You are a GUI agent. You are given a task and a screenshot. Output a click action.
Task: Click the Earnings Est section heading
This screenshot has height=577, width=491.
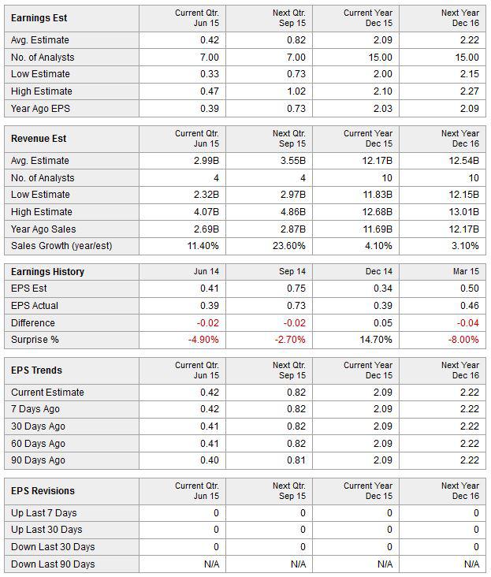click(39, 18)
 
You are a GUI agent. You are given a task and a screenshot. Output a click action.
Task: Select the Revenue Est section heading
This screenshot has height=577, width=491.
click(39, 139)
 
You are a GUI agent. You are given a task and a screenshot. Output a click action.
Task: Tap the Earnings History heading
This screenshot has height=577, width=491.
click(47, 272)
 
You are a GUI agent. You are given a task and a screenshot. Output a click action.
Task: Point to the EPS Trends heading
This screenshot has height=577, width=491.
click(36, 370)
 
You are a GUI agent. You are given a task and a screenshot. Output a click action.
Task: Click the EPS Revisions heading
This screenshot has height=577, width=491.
click(43, 491)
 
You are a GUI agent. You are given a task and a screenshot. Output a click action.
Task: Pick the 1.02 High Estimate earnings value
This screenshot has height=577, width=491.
click(296, 91)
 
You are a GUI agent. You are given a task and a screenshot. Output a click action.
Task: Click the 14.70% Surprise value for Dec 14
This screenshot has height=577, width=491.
click(376, 339)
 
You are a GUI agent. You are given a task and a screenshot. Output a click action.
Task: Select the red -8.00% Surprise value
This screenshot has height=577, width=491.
click(463, 339)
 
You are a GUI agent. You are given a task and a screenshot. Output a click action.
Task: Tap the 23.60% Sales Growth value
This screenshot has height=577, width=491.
click(289, 246)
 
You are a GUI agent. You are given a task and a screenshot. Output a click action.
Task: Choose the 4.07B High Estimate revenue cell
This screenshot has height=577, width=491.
click(206, 212)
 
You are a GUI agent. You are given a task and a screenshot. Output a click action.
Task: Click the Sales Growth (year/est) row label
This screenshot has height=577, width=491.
click(61, 246)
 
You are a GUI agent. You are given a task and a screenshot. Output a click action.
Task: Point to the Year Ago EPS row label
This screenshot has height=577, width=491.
click(40, 109)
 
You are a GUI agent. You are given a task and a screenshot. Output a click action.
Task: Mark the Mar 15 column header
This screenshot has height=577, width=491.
click(466, 272)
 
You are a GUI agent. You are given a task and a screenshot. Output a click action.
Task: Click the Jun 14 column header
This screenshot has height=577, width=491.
click(206, 272)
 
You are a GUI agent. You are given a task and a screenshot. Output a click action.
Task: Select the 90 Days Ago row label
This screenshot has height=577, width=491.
click(38, 460)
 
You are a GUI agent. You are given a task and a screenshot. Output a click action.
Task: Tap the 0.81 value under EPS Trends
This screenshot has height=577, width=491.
click(296, 460)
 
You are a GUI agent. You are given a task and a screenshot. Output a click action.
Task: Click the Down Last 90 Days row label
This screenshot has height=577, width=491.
click(53, 564)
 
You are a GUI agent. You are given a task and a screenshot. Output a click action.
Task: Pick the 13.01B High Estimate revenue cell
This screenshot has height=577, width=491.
click(463, 212)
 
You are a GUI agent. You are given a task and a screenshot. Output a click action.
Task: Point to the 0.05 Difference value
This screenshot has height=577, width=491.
click(383, 322)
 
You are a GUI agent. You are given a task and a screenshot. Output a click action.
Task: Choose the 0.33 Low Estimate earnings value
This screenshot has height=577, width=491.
click(210, 74)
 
